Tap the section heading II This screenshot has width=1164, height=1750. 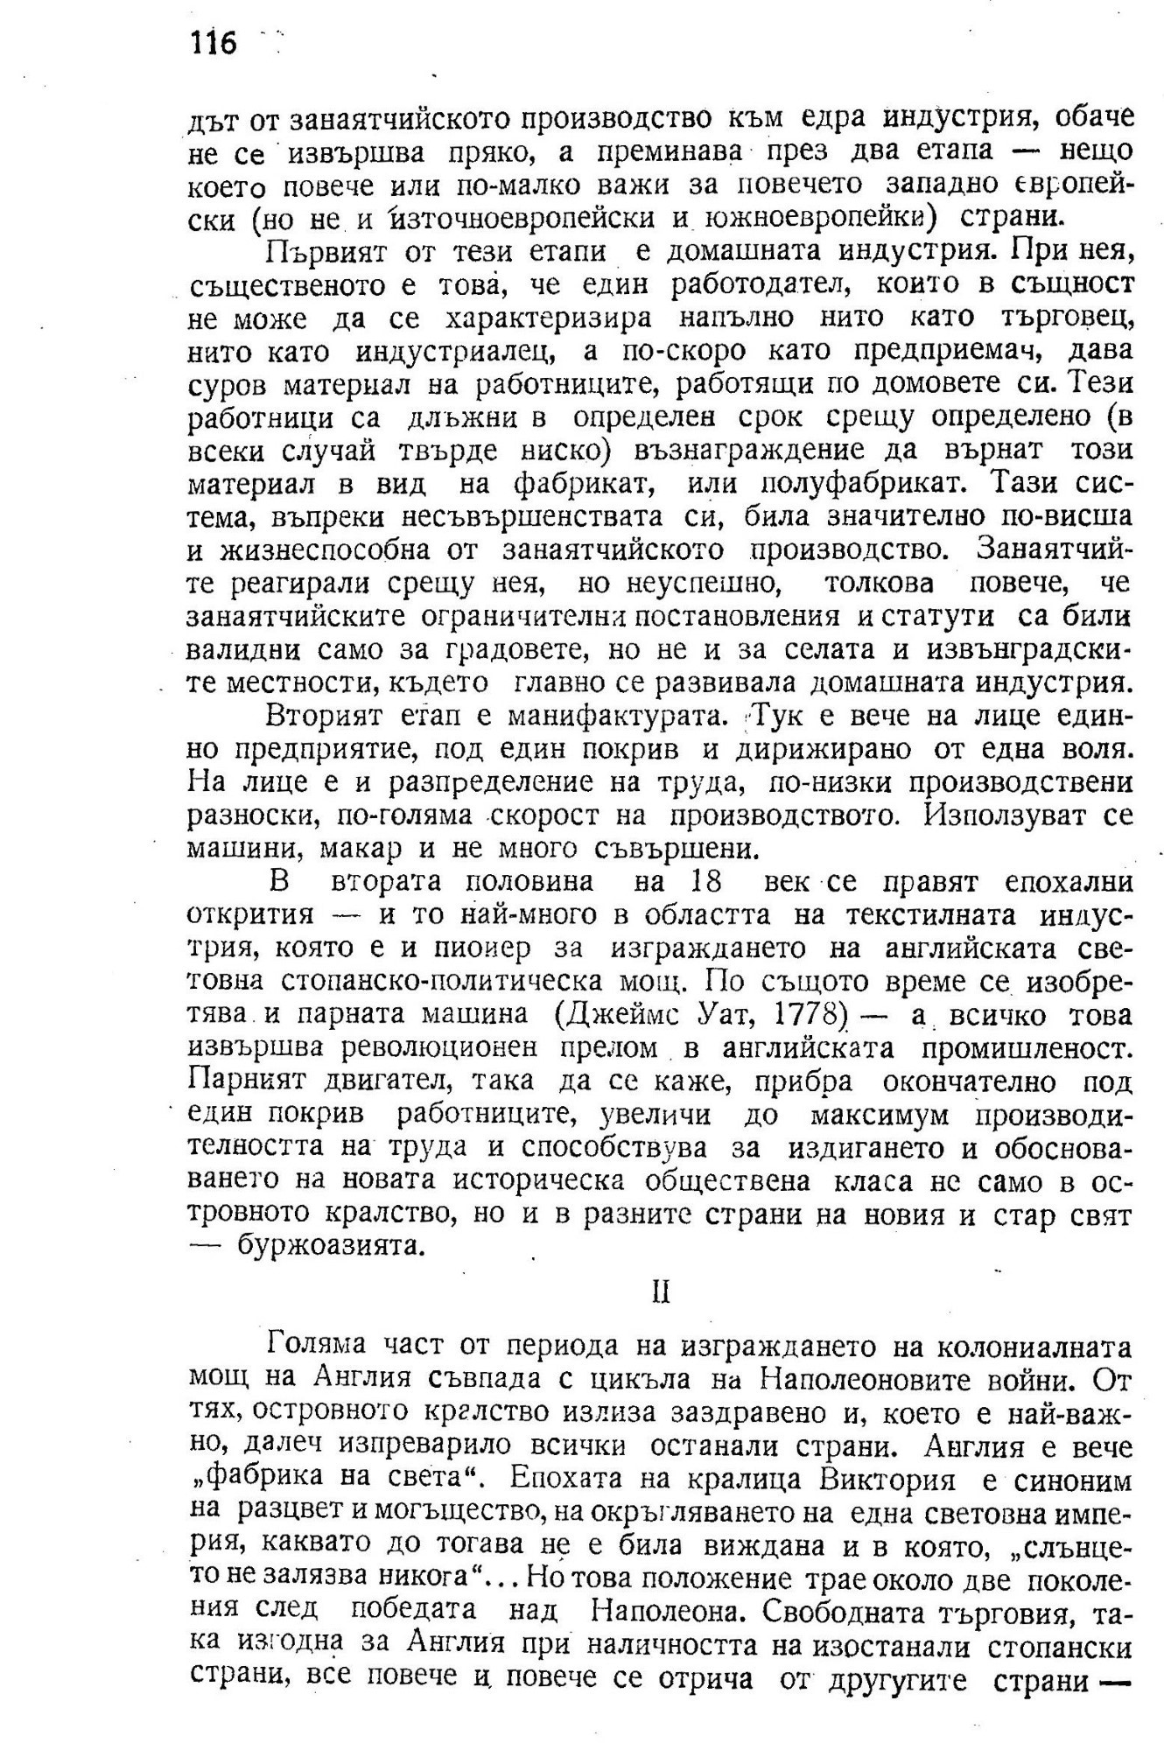point(661,1293)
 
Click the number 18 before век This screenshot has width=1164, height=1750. point(707,882)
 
